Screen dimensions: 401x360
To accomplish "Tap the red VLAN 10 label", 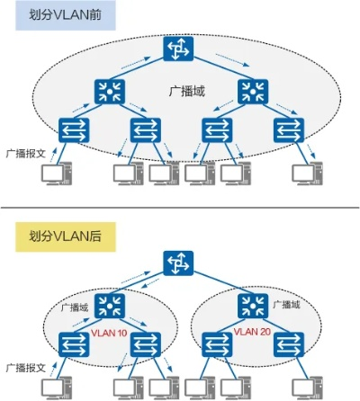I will pos(110,334).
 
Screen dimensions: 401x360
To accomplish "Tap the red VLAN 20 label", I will pos(253,332).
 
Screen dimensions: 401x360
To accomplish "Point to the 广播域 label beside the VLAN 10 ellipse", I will pos(74,307).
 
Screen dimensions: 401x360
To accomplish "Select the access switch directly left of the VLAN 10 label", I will pos(70,343).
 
